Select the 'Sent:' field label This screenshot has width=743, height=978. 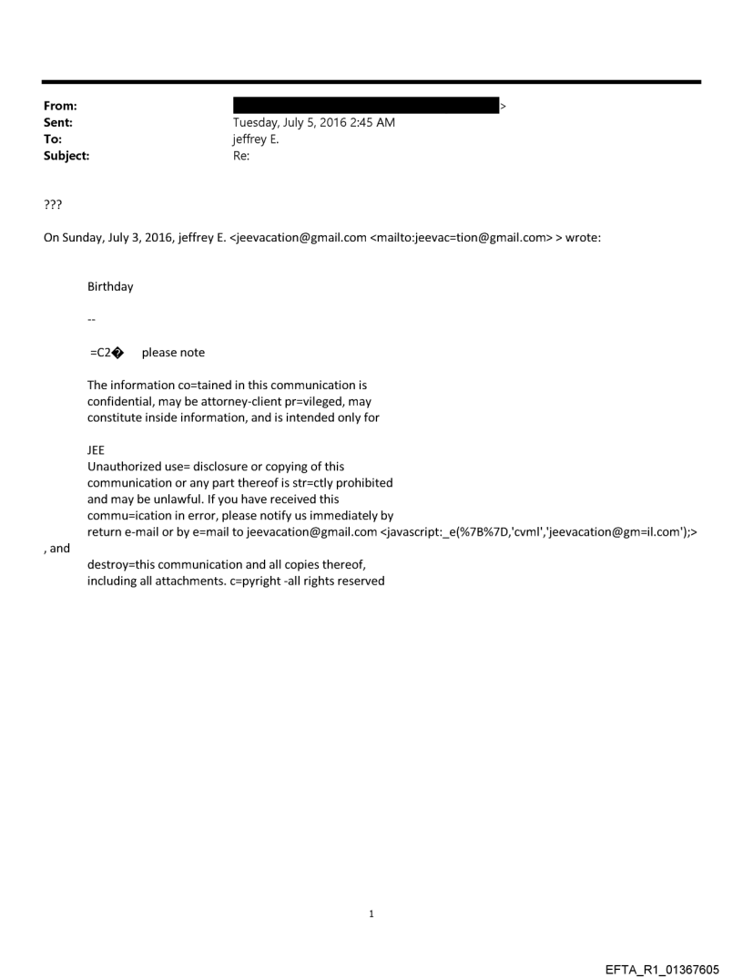click(x=56, y=122)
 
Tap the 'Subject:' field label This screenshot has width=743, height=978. click(x=64, y=156)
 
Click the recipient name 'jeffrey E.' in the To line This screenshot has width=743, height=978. click(x=256, y=139)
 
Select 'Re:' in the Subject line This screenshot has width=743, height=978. click(x=241, y=156)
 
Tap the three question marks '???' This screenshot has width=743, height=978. click(x=53, y=204)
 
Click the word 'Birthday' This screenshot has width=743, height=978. click(x=110, y=286)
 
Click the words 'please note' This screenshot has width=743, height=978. click(x=173, y=353)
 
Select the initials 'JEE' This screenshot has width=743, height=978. click(x=96, y=449)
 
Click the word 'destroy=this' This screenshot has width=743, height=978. click(x=123, y=564)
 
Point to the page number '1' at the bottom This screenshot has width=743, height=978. click(x=371, y=913)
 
